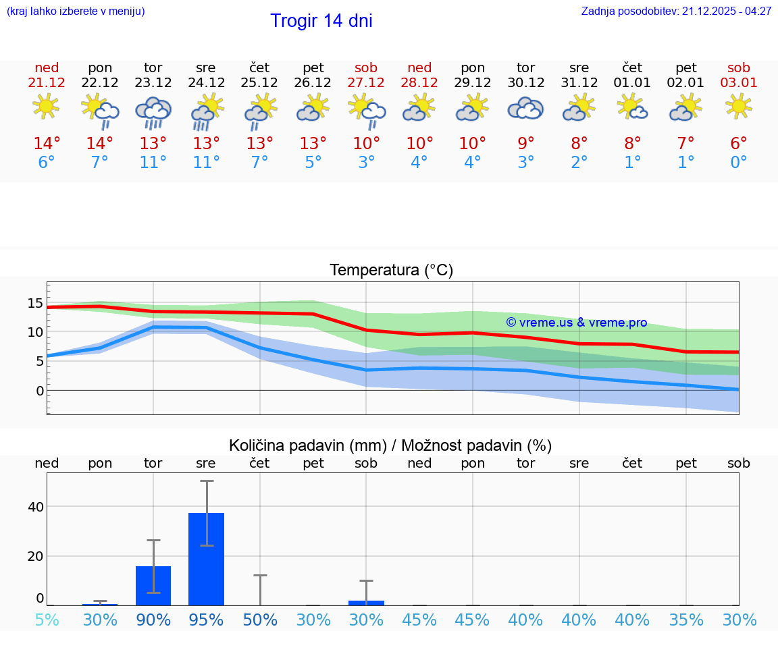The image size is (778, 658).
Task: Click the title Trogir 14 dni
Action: (321, 21)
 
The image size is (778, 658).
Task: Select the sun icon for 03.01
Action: (738, 107)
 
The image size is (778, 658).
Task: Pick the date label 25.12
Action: (259, 83)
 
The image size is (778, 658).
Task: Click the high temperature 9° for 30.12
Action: (525, 143)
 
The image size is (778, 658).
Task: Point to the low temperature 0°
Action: (739, 163)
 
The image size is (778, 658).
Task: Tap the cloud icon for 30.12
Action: (525, 108)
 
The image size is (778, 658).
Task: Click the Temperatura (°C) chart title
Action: (391, 271)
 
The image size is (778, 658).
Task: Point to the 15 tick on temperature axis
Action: (36, 303)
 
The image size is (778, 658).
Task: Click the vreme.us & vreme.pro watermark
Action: (577, 323)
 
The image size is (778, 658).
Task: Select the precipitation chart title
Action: (390, 445)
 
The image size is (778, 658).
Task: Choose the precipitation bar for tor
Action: (153, 585)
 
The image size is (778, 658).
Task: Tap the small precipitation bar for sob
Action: (366, 603)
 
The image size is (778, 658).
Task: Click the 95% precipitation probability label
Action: (206, 620)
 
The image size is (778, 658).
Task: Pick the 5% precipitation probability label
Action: (47, 620)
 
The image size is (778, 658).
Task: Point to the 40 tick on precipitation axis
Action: (36, 507)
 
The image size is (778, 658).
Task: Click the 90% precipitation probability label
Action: (153, 620)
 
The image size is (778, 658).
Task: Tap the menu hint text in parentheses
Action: (76, 11)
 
